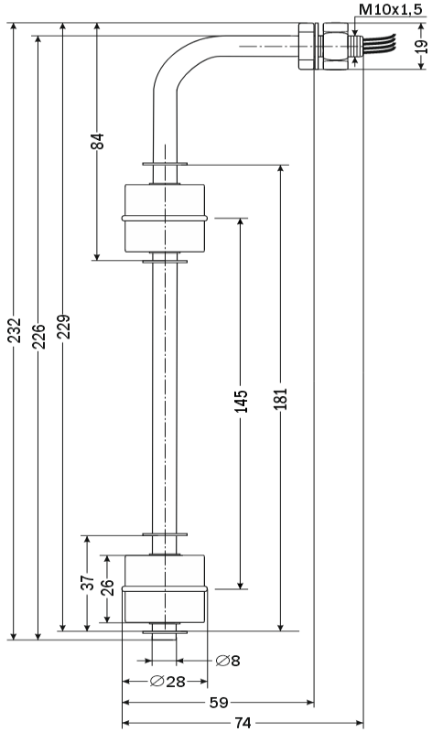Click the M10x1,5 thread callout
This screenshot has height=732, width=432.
point(391,9)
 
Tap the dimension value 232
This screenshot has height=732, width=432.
point(16,330)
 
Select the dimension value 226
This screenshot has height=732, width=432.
point(39,336)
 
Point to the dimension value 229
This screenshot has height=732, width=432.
point(64,327)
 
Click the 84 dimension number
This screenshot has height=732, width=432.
point(98,142)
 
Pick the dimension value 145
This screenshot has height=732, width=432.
point(241,401)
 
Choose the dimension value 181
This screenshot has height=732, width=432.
point(281,399)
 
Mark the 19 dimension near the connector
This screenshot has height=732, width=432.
point(421,47)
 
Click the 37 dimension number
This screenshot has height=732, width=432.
point(88,583)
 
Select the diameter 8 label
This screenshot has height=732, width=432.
point(228,661)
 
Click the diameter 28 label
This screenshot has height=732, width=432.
point(167,682)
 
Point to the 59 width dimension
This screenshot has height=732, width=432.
point(218,703)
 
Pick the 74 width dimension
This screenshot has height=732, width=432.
point(243,724)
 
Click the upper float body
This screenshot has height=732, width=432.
point(165,218)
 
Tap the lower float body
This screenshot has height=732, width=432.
point(165,588)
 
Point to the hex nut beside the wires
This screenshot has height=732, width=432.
point(334,46)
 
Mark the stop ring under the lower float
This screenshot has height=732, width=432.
point(165,632)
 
